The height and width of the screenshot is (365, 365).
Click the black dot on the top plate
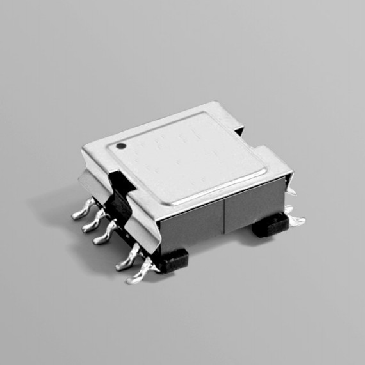click(x=120, y=146)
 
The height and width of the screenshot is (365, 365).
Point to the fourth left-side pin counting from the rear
click(x=126, y=260)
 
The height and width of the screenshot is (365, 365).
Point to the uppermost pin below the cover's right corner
click(x=289, y=209)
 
